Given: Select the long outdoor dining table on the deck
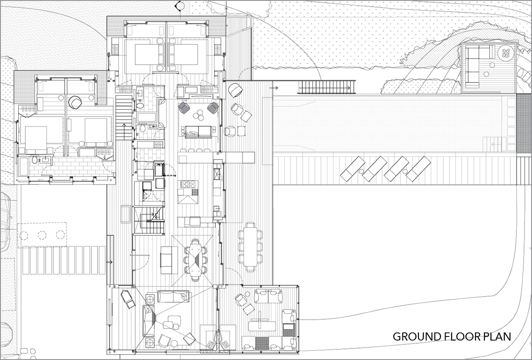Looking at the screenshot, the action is pos(250,247).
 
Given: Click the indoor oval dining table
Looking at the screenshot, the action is pos(195,260).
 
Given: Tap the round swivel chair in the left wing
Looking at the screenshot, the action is pos(75,102).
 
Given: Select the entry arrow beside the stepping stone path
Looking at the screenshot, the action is pos(110,262).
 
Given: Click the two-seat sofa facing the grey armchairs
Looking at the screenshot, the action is pos(198,132).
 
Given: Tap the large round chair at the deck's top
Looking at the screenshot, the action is pos(235,90).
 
